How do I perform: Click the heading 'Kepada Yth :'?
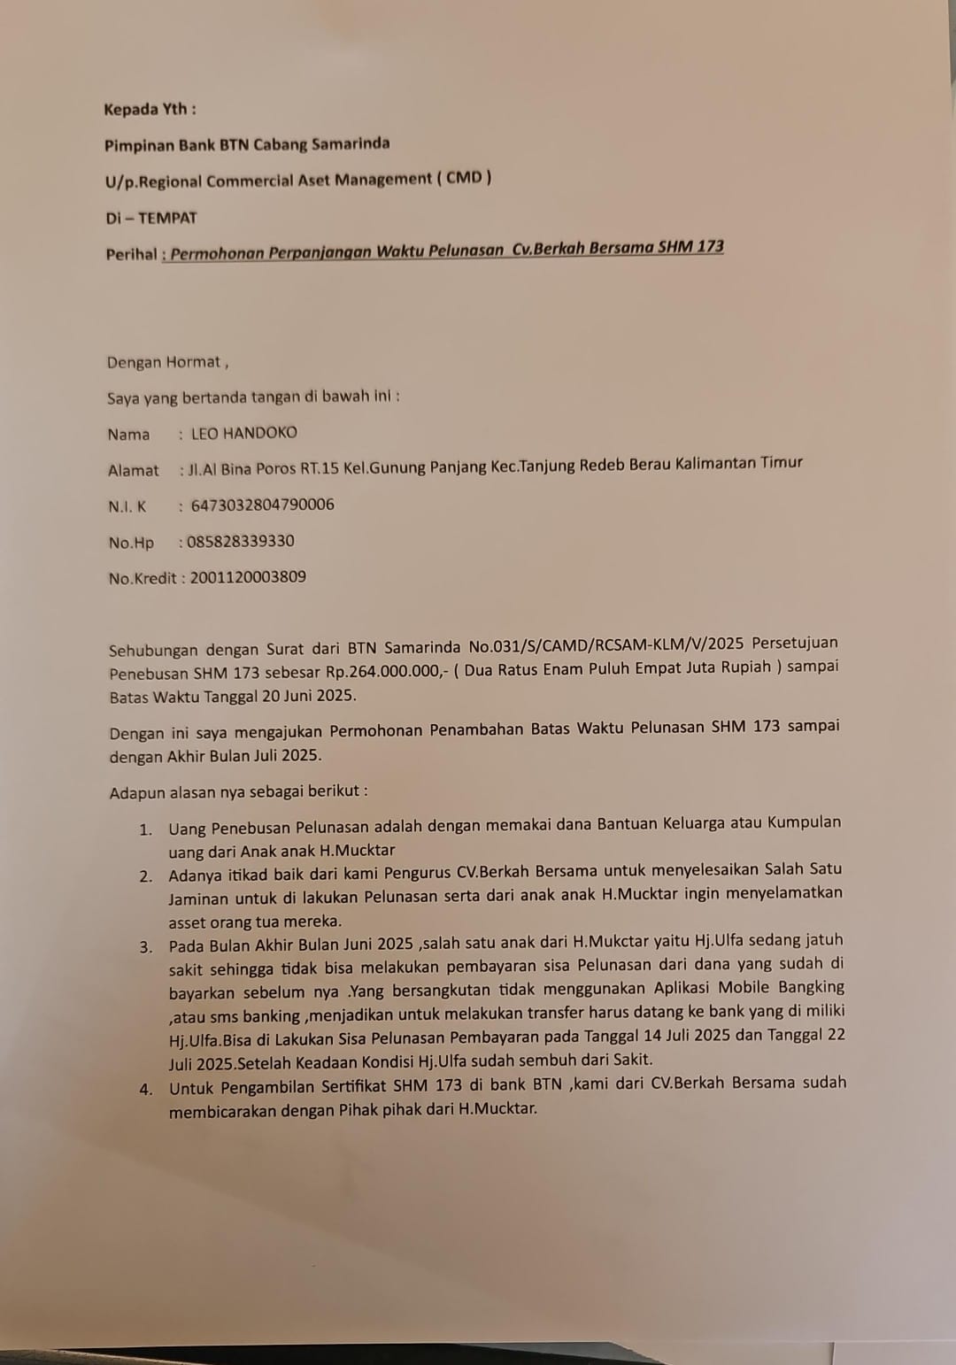[x=150, y=109]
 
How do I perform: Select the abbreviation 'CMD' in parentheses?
[x=464, y=177]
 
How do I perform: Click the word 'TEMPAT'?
[x=167, y=218]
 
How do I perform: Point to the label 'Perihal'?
[x=131, y=254]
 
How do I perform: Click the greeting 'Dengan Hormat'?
[x=164, y=362]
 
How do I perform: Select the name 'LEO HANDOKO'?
[x=244, y=433]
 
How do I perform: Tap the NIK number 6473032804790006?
[x=262, y=505]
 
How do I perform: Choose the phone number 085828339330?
[x=240, y=541]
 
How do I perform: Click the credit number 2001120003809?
[x=248, y=577]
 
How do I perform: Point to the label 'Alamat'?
[x=133, y=470]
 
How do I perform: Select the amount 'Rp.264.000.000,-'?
[x=388, y=671]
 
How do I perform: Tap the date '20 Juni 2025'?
[x=307, y=695]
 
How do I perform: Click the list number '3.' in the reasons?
[x=145, y=946]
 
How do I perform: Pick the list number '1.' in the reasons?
[x=145, y=829]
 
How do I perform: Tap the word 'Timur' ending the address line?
[x=782, y=462]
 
